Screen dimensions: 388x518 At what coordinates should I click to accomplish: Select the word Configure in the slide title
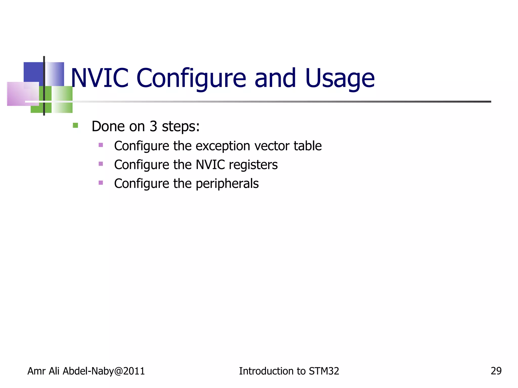coord(191,78)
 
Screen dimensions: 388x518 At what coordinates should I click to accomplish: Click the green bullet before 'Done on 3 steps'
coord(75,125)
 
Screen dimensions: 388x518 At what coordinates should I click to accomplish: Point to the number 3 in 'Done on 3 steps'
coord(153,126)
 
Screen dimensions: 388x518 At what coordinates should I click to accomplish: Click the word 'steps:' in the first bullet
coord(181,127)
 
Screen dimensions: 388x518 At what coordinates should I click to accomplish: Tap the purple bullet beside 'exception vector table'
coord(101,145)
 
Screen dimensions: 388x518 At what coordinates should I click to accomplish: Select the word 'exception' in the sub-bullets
coord(223,146)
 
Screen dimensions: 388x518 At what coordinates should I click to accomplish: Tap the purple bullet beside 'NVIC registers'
coord(101,164)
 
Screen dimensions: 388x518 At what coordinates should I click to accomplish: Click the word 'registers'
coord(253,165)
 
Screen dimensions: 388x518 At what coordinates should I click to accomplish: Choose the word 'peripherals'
coord(227,184)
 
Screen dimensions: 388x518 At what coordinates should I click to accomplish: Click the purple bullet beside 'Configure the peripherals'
coord(101,183)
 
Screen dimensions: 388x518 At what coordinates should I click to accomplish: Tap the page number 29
coord(496,371)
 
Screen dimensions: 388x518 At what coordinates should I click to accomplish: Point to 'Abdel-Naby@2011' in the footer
coord(103,371)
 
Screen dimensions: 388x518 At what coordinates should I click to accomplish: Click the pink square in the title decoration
coord(23,94)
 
